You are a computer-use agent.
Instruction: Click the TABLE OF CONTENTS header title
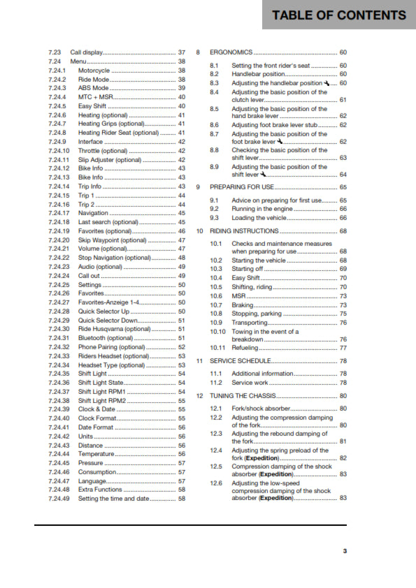click(338, 15)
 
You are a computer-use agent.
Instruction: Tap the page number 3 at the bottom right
click(344, 551)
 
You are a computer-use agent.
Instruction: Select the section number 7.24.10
click(59, 150)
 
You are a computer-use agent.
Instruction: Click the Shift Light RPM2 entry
click(101, 402)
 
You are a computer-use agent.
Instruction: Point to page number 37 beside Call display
click(182, 53)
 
